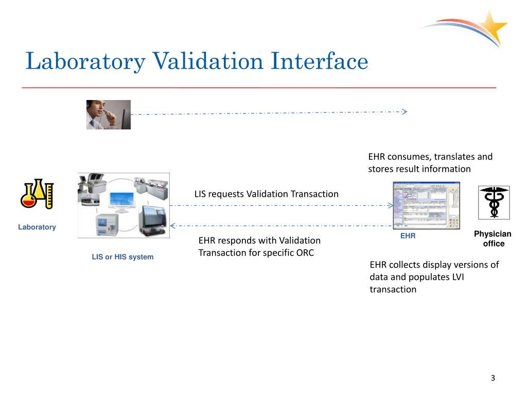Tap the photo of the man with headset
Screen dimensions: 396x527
tap(108, 114)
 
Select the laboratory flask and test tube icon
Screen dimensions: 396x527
tap(37, 194)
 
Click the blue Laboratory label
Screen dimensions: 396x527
tap(37, 227)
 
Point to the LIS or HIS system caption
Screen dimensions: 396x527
tap(122, 257)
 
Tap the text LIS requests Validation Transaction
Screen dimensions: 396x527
tap(266, 194)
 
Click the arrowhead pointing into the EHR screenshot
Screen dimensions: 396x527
tap(390, 205)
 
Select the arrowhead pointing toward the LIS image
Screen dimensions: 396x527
tap(173, 225)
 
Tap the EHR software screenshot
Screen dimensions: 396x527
tap(426, 205)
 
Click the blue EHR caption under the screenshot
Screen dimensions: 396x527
tap(408, 236)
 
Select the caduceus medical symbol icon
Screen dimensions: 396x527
tap(494, 202)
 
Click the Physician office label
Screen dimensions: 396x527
tap(493, 239)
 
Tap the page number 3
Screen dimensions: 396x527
tap(493, 378)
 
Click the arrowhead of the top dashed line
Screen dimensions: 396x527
tap(405, 111)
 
